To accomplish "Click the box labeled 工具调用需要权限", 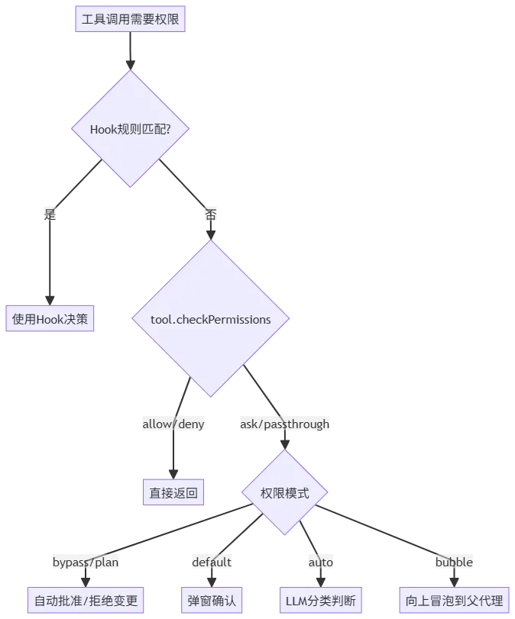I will [x=131, y=19].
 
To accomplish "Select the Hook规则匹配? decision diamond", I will [x=130, y=128].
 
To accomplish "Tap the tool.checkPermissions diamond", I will [x=211, y=319].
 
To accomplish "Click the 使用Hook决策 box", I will [x=50, y=319].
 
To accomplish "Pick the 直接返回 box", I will [x=174, y=493].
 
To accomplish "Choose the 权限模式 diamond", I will [x=285, y=493].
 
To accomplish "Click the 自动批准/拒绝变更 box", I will [x=86, y=600].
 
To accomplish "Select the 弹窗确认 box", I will [x=211, y=600].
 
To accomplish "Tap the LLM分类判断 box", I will [x=320, y=600].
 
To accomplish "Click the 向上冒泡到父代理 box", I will [x=454, y=600].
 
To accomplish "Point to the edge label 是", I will [x=51, y=214].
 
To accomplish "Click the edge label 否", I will [x=210, y=214].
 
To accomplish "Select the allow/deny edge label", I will [x=174, y=424].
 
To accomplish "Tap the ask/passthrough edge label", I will [x=285, y=424].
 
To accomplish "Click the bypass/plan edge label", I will [x=86, y=563].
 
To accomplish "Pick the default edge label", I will [x=211, y=563].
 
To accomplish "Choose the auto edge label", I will [x=320, y=563].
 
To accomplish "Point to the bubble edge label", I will [x=454, y=563].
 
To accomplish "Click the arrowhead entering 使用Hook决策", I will [x=50, y=299].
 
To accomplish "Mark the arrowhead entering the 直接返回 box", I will [x=174, y=471].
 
